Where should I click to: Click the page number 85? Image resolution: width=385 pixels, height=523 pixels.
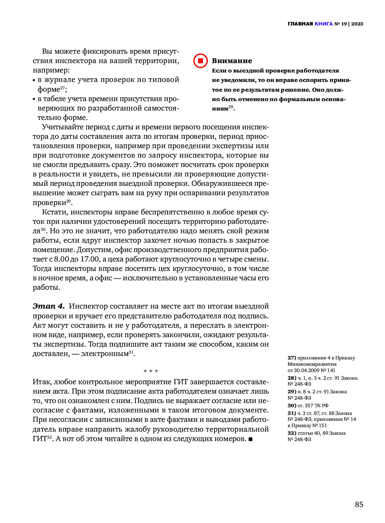click(x=359, y=505)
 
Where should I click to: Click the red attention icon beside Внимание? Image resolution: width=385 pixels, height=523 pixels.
click(x=201, y=61)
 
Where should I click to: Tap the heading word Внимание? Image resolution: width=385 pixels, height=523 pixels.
click(x=232, y=61)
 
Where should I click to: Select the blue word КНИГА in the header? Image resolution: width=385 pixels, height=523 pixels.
click(x=323, y=24)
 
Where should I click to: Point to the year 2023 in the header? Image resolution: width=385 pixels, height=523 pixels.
click(x=357, y=24)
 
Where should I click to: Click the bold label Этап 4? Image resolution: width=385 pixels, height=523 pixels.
click(x=49, y=306)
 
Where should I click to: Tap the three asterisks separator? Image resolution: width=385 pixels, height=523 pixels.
click(x=151, y=371)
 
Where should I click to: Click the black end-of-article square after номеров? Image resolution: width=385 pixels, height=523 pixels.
click(x=250, y=439)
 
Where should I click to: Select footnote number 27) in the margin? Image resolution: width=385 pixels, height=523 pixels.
click(x=292, y=358)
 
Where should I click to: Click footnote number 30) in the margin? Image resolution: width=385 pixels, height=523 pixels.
click(x=292, y=405)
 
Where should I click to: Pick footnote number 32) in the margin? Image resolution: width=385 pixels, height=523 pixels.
click(x=292, y=433)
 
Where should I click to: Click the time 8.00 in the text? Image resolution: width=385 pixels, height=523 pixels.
click(x=61, y=259)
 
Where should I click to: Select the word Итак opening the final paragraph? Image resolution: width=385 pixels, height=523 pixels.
click(x=41, y=382)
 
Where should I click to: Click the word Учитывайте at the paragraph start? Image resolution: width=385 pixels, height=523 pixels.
click(x=63, y=127)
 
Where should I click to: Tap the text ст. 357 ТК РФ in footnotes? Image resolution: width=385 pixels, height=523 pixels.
click(x=313, y=405)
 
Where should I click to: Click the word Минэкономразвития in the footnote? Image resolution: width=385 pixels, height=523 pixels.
click(x=312, y=364)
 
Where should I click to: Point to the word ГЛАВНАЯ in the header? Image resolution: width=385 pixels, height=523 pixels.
click(x=300, y=24)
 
